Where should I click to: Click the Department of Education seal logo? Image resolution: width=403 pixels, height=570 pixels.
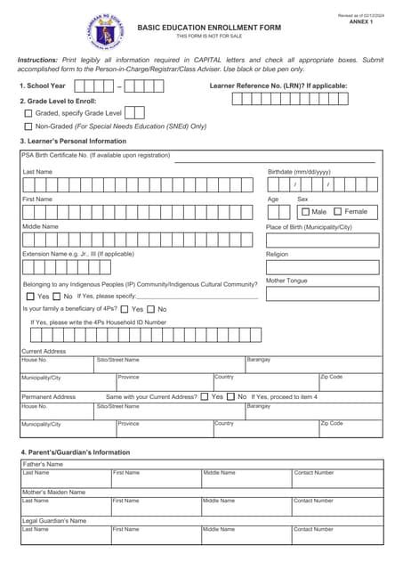point(106,32)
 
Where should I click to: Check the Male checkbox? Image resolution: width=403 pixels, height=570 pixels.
point(305,212)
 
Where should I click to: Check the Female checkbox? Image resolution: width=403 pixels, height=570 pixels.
point(338,212)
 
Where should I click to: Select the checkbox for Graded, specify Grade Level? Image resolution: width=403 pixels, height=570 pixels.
point(28,114)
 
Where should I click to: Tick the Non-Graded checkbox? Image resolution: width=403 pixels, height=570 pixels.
point(28,127)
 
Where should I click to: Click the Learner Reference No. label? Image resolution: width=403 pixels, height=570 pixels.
point(278,85)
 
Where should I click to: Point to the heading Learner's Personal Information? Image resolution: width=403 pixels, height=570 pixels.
point(73,142)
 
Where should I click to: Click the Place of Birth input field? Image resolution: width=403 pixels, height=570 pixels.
point(322,240)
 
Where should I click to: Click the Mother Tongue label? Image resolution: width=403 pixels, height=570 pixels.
point(286,281)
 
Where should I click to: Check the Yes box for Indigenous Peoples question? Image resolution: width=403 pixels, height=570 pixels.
point(29,296)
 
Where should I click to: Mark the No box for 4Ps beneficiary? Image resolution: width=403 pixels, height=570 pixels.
point(150,309)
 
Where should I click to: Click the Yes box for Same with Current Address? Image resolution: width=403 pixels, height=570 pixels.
point(205,396)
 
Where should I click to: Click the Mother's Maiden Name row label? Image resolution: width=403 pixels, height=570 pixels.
point(53,492)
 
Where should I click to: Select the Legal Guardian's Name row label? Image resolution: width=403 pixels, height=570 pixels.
point(54,520)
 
